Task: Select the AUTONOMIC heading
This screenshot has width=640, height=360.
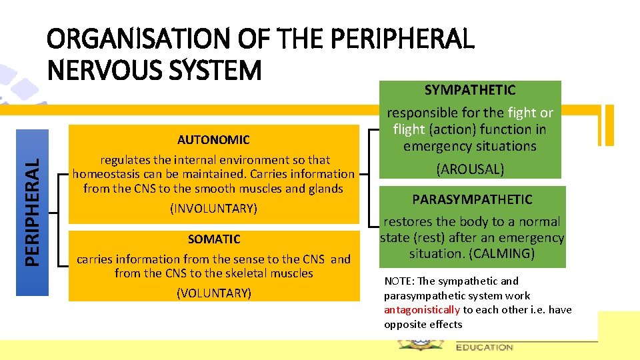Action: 213,139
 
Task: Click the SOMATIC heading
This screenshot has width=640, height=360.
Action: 213,239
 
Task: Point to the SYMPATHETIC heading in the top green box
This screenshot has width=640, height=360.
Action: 470,90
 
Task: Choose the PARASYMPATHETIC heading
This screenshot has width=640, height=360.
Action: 472,199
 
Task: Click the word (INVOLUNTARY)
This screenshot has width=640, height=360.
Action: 213,209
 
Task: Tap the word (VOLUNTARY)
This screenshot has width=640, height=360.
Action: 213,292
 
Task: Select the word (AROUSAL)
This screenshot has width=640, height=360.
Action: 470,169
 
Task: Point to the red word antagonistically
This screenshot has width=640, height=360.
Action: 422,310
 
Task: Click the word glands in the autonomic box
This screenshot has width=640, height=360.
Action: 325,189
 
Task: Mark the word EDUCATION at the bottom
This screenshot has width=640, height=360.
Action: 485,347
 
